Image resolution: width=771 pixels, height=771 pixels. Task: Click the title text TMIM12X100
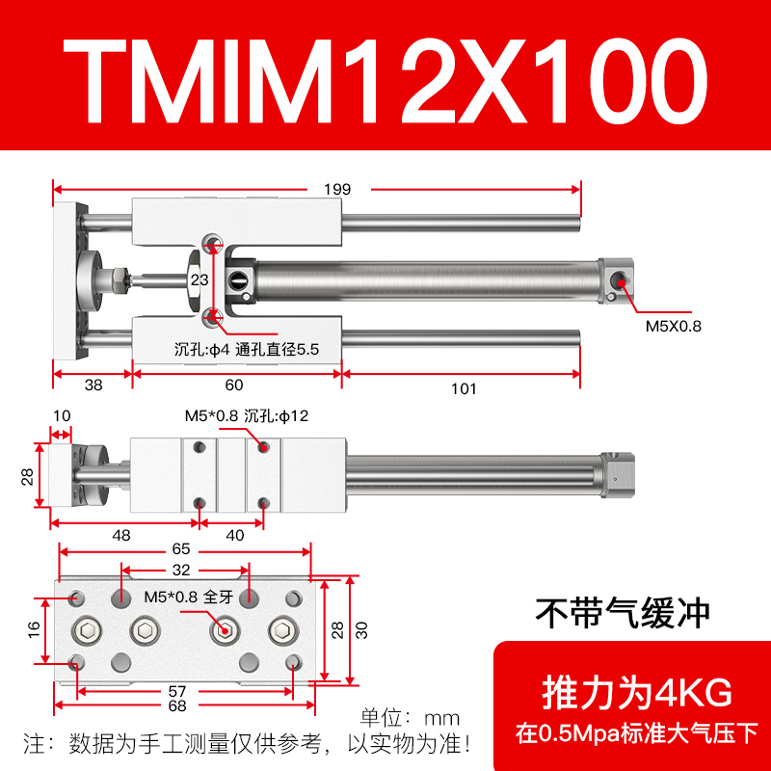385,81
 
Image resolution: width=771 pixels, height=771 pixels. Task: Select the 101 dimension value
464,388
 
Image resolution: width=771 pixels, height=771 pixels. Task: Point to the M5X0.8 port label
673,326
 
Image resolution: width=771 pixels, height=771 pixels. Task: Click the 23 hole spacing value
199,280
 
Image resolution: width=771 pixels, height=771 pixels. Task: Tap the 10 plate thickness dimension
62,415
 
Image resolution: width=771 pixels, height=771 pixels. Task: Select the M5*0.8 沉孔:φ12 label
246,415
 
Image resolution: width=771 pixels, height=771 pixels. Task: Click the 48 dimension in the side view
122,535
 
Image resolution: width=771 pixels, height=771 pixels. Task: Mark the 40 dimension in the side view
235,535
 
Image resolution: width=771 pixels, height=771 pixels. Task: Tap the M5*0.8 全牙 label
188,597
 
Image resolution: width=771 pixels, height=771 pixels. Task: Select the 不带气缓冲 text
623,611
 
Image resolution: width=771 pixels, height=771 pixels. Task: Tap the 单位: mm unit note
410,718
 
